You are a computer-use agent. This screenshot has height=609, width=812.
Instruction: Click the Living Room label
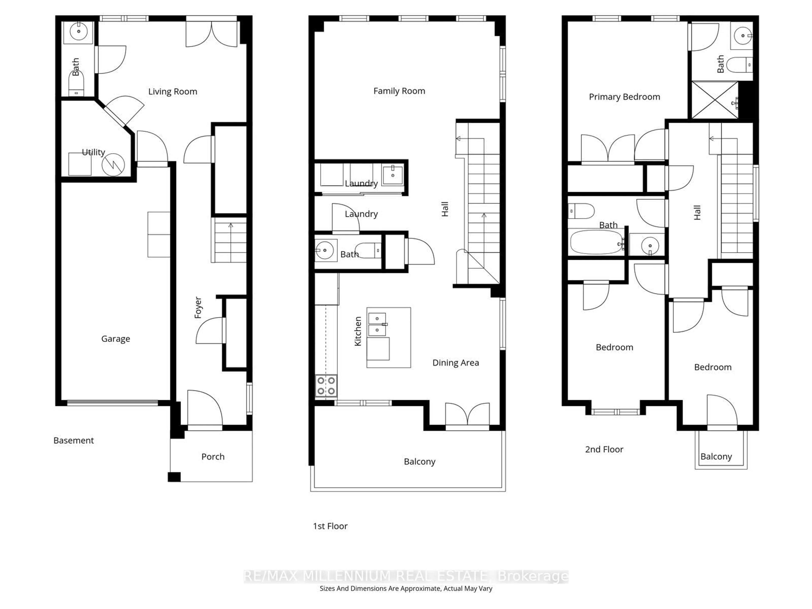click(x=173, y=91)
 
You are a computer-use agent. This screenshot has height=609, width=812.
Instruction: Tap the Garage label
click(x=116, y=339)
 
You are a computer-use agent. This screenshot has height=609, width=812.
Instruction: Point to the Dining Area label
click(x=455, y=363)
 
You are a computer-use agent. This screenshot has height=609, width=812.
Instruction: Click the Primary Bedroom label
click(x=624, y=97)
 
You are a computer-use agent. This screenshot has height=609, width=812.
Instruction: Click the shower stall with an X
click(x=714, y=100)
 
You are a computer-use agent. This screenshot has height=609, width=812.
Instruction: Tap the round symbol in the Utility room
click(x=113, y=165)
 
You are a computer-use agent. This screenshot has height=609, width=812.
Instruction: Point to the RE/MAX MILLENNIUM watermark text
click(x=406, y=576)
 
